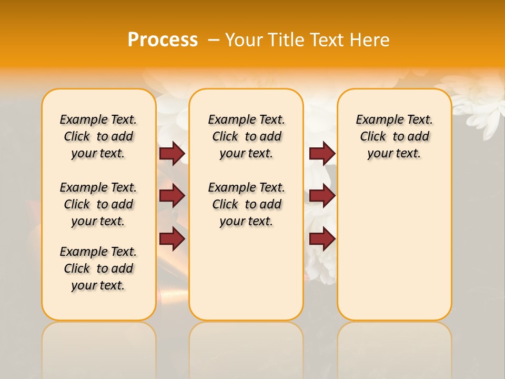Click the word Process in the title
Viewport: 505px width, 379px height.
163,40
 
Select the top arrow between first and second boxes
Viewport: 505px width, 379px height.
172,154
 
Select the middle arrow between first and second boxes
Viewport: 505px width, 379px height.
172,196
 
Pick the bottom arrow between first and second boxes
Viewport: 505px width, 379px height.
172,239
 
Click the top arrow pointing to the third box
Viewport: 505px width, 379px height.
322,154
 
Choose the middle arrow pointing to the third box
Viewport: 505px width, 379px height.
322,196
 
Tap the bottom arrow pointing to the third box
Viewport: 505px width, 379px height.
322,239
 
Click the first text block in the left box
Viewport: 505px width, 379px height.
98,136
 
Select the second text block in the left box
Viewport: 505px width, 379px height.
98,204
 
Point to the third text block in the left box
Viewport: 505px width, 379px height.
98,268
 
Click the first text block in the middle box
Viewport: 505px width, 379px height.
246,136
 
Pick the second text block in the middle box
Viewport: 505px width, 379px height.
246,204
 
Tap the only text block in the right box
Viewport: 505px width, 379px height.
394,136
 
